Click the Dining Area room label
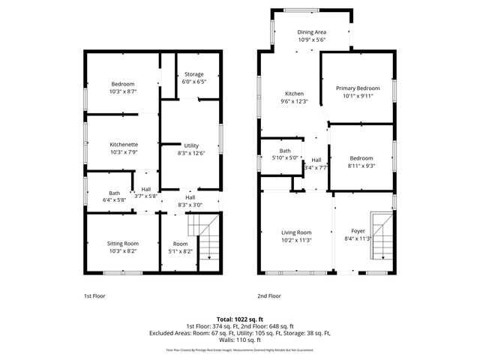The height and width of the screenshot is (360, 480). point(311,32)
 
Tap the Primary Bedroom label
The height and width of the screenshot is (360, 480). point(358,88)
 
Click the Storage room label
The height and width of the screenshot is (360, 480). point(193,73)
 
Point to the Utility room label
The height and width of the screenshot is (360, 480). point(191,145)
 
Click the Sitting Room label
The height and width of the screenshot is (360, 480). point(123,243)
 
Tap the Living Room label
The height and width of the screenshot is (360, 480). point(296,232)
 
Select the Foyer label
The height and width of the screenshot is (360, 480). point(358,232)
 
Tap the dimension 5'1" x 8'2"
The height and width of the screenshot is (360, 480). point(180,251)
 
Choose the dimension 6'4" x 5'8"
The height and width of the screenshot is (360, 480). point(114,200)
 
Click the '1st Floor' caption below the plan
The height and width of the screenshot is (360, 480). point(94,296)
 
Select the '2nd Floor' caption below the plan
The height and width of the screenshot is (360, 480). point(268,296)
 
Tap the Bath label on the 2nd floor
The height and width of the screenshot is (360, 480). point(285,151)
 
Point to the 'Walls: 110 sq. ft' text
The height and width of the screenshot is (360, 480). point(240,340)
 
